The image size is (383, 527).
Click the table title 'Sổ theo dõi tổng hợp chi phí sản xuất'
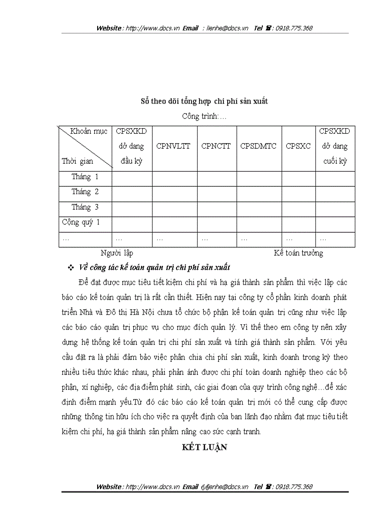coord(204,101)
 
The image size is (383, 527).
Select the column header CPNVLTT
coord(174,146)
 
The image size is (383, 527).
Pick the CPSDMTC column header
coord(258,146)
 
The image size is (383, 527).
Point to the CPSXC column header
coord(298,146)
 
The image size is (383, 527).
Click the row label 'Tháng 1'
coord(85,177)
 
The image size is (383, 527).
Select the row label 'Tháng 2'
coord(85,192)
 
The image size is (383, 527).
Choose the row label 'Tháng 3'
coord(85,207)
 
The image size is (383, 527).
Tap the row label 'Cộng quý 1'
coord(81,222)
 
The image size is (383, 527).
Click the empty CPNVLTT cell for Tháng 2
coord(174,192)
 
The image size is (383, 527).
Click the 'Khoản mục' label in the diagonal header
coord(89,131)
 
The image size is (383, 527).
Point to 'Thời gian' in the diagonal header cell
coord(77,161)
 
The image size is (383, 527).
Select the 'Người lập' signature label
coord(117,253)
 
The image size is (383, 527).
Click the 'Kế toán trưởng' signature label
coord(299,253)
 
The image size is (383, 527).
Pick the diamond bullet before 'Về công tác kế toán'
coord(71,267)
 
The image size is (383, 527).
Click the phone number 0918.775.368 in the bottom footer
coord(294,487)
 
